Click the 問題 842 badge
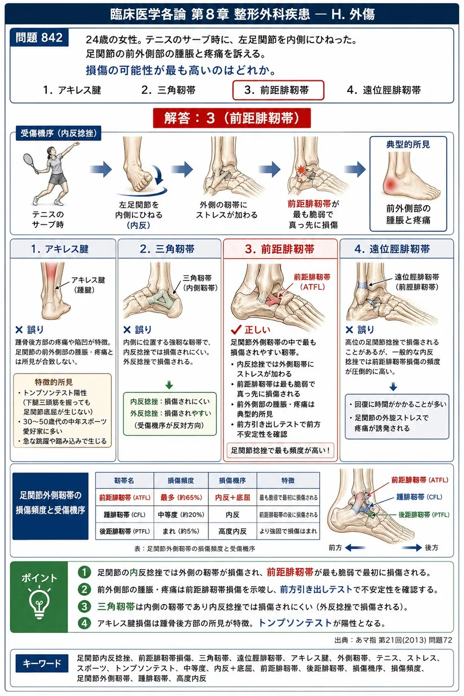click(x=39, y=38)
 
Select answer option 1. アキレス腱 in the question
click(x=72, y=90)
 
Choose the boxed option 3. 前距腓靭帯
click(x=278, y=90)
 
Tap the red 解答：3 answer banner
click(x=232, y=118)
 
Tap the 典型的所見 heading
click(x=408, y=145)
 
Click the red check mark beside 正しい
click(x=237, y=330)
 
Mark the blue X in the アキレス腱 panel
click(x=19, y=330)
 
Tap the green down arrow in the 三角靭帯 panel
click(x=169, y=385)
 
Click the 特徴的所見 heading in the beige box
click(x=53, y=382)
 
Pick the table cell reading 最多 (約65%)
click(x=181, y=498)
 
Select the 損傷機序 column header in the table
click(x=232, y=481)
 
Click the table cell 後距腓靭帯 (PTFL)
click(x=125, y=531)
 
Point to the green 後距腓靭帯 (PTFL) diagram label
click(x=424, y=514)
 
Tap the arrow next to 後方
click(x=412, y=548)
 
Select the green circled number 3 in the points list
click(x=84, y=606)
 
